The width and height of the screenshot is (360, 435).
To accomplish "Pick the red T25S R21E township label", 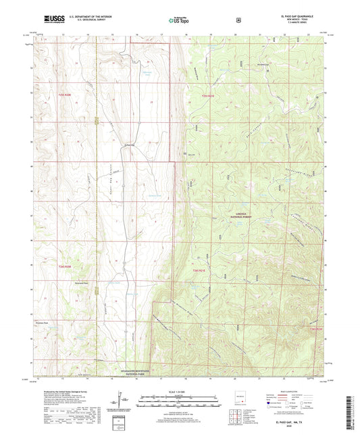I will click(207, 96).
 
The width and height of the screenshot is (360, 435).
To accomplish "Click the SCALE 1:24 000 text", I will click(179, 391).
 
